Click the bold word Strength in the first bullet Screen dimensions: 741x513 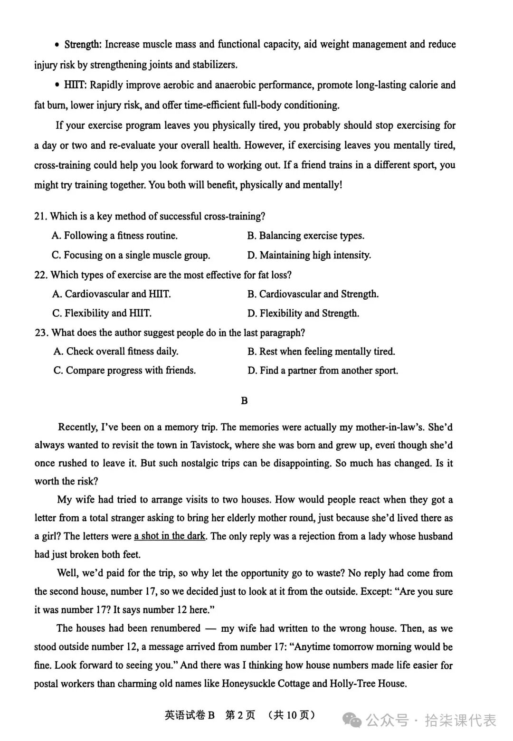[82, 44]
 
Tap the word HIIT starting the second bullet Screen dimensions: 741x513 [75, 85]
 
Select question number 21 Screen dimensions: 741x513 [40, 217]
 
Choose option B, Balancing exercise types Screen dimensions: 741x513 [305, 236]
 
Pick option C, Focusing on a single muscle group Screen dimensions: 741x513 [131, 256]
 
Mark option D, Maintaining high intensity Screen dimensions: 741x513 [309, 256]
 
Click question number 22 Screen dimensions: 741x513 [41, 275]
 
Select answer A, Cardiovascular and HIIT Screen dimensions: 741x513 [112, 294]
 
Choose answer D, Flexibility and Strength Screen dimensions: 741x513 [303, 313]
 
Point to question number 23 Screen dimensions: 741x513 [41, 333]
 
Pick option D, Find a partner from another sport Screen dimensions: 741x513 [323, 370]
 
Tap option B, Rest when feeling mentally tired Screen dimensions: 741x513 [321, 351]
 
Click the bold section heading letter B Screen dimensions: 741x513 [244, 401]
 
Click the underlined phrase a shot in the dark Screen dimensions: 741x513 [170, 536]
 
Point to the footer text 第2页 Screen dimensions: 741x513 [240, 715]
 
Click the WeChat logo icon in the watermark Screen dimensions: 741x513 [352, 721]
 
